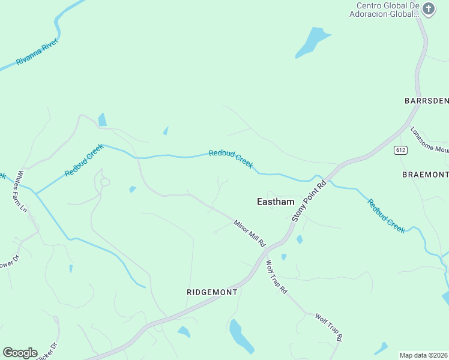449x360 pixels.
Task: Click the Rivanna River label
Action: point(37,53)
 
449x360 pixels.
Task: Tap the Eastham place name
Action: point(276,202)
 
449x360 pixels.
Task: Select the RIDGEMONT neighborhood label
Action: point(212,292)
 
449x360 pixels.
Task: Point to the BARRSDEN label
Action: point(427,100)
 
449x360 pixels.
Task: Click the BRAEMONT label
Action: point(425,175)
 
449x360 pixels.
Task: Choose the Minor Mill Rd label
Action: point(250,233)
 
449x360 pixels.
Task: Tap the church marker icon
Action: point(428,8)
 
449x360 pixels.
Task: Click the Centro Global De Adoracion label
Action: point(384,10)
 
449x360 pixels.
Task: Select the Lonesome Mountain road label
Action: point(430,140)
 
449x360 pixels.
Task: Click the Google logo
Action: point(20,352)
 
